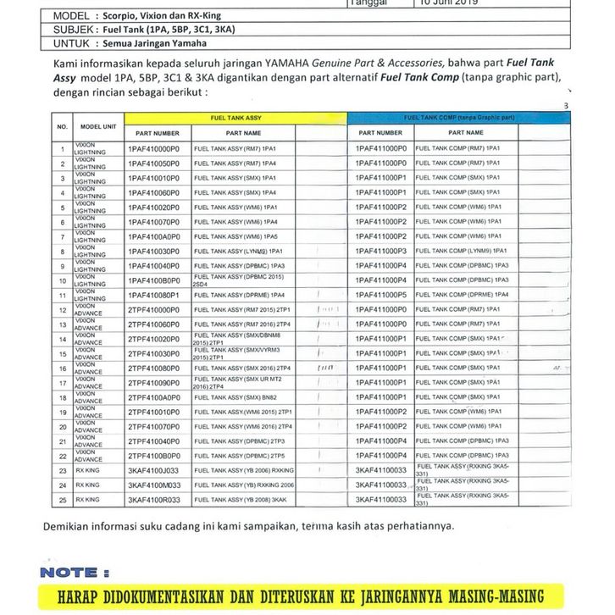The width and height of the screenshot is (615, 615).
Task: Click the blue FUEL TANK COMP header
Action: pos(457,119)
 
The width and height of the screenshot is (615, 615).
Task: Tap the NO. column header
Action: pos(62,126)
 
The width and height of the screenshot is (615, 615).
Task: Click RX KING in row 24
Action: pos(87,485)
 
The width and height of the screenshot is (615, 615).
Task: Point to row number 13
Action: pos(62,324)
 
